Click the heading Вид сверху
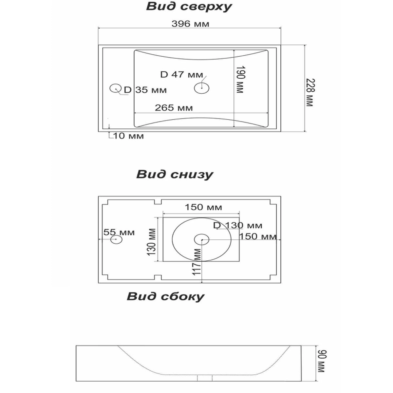[189, 7]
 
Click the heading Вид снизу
[175, 174]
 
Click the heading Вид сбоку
[165, 297]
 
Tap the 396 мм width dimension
[190, 24]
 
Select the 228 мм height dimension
[309, 92]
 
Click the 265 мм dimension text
[174, 107]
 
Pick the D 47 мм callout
[181, 74]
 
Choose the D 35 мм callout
[145, 90]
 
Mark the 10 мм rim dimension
[128, 136]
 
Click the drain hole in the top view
[202, 88]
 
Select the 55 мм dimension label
[119, 232]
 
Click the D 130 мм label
[238, 225]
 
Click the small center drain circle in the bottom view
[202, 239]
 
